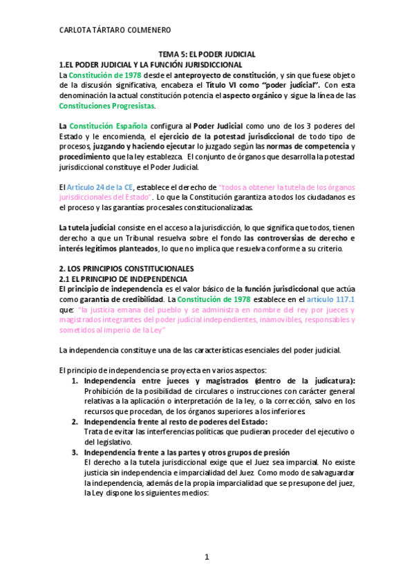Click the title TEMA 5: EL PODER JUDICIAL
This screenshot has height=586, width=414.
pyautogui.click(x=207, y=54)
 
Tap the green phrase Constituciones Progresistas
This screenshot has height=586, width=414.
pyautogui.click(x=107, y=106)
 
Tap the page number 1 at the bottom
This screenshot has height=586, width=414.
pyautogui.click(x=206, y=556)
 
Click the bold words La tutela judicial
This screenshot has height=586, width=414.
pyautogui.click(x=86, y=228)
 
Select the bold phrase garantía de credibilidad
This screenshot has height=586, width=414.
pyautogui.click(x=124, y=300)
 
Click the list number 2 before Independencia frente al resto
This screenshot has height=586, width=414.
pyautogui.click(x=75, y=422)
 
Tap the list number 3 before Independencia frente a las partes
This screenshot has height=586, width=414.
pyautogui.click(x=75, y=453)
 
